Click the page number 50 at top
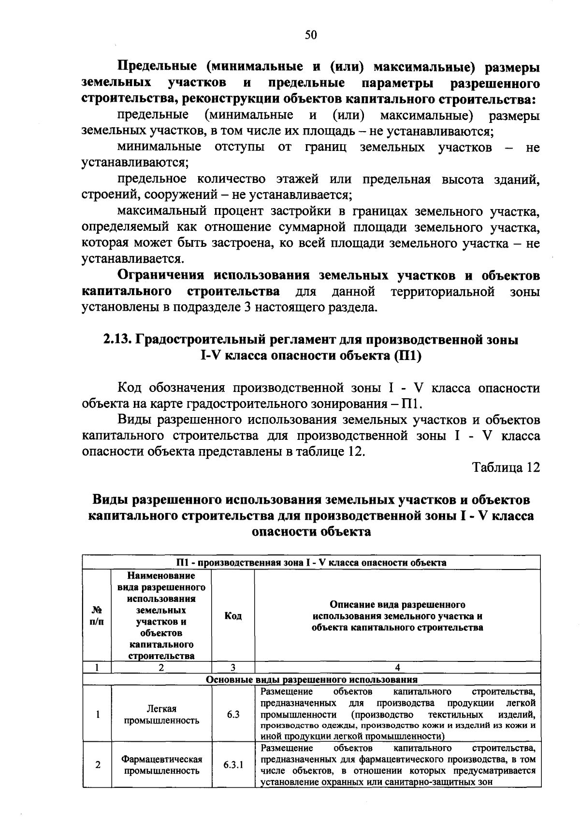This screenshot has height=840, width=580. tap(311, 34)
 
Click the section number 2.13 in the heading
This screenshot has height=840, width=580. tap(116, 340)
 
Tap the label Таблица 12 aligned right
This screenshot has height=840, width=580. tap(506, 467)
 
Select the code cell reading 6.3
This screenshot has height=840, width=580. tap(233, 714)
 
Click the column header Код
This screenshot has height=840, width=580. tap(233, 616)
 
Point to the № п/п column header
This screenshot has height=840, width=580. tap(97, 616)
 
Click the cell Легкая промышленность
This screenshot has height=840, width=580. tap(161, 714)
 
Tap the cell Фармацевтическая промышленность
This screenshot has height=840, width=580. tap(161, 765)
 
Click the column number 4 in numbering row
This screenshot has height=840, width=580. tap(397, 668)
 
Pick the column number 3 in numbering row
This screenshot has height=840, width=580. tap(233, 668)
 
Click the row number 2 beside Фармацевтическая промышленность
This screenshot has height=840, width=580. tap(98, 765)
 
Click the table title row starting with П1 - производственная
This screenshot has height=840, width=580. tap(311, 562)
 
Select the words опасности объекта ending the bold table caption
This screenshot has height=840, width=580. tap(312, 531)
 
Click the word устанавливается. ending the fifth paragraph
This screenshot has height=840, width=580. tap(132, 259)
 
